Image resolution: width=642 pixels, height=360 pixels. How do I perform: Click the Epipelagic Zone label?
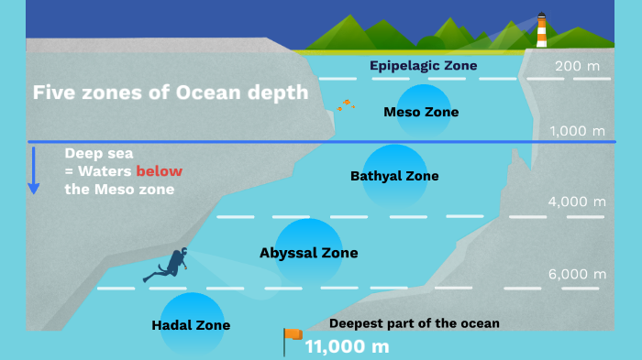click(423, 66)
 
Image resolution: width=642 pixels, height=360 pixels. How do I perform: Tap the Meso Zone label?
click(420, 113)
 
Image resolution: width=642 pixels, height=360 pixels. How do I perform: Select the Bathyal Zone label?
click(394, 176)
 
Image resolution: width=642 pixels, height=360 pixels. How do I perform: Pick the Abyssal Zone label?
click(308, 253)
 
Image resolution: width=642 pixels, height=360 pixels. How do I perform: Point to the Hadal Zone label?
click(191, 325)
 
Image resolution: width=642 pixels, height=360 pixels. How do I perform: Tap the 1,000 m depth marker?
click(578, 132)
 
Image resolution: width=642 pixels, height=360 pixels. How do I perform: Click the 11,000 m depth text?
click(347, 347)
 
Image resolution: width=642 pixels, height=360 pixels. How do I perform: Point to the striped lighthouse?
click(541, 30)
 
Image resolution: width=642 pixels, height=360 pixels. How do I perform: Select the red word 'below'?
click(159, 171)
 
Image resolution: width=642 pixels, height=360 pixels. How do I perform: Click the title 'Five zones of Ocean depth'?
click(171, 93)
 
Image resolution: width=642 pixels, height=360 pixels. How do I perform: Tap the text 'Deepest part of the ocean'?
click(415, 323)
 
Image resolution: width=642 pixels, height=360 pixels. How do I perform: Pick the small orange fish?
click(346, 104)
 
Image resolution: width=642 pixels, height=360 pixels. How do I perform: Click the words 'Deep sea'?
click(97, 153)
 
